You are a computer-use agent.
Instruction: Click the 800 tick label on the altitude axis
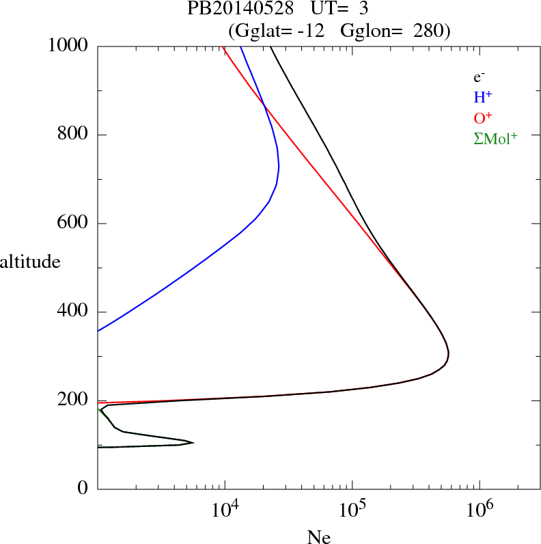[73, 135]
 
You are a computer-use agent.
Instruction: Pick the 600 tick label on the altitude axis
[73, 223]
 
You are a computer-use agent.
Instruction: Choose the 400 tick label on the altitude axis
[73, 312]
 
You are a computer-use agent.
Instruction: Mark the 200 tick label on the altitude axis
[73, 401]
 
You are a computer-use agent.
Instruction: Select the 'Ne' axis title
[318, 537]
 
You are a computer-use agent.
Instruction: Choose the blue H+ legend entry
[483, 98]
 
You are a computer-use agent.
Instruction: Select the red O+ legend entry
[483, 118]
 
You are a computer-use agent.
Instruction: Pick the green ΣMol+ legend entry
[495, 139]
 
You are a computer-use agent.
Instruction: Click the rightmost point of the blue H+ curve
[279, 166]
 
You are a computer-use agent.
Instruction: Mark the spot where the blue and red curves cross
[264, 105]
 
